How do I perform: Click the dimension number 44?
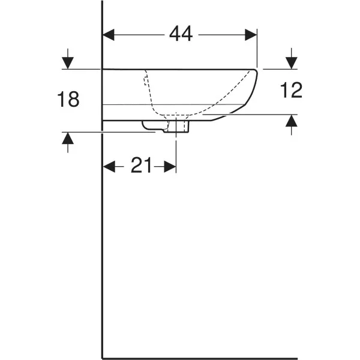tap(181, 34)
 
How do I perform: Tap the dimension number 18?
tap(68, 99)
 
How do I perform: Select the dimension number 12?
tap(291, 90)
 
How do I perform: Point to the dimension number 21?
tap(141, 165)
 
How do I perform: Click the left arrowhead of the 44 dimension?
tap(109, 35)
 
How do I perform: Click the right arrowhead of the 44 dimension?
tap(251, 35)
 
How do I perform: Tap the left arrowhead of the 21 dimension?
tap(109, 166)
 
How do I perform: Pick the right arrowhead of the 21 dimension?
tap(170, 166)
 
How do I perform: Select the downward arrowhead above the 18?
tap(68, 63)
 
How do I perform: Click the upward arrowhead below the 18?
tap(68, 139)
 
